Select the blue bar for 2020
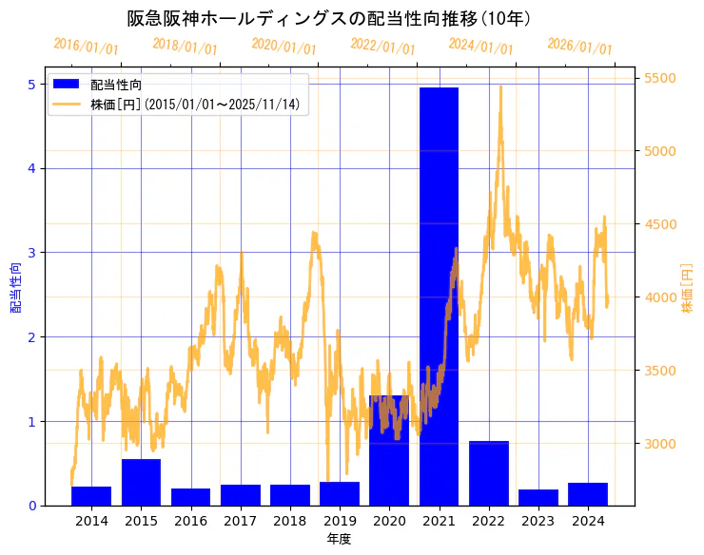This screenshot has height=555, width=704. pyautogui.click(x=389, y=450)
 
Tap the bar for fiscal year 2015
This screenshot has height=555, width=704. pyautogui.click(x=141, y=482)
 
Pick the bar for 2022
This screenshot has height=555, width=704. pyautogui.click(x=489, y=473)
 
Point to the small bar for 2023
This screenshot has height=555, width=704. pyautogui.click(x=538, y=497)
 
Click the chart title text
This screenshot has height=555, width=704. pyautogui.click(x=329, y=19)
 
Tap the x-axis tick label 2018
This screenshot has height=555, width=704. pyautogui.click(x=290, y=521)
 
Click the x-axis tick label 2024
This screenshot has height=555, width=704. pyautogui.click(x=588, y=521)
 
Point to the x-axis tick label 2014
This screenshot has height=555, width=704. pyautogui.click(x=91, y=521)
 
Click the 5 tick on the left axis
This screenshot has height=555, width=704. pyautogui.click(x=31, y=85)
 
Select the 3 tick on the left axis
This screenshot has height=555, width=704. pyautogui.click(x=31, y=253)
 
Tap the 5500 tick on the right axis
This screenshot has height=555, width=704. pyautogui.click(x=661, y=78)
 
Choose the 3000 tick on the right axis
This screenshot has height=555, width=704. pyautogui.click(x=661, y=444)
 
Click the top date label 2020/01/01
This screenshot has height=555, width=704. pyautogui.click(x=284, y=46)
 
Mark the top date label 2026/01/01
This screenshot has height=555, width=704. pyautogui.click(x=579, y=46)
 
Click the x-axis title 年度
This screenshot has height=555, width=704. pyautogui.click(x=339, y=539)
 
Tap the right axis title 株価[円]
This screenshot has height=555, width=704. pyautogui.click(x=688, y=289)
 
